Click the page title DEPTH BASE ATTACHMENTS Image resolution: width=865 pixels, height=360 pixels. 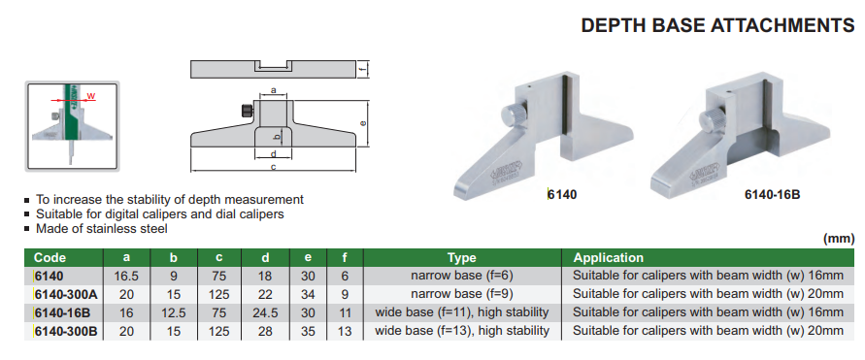717,25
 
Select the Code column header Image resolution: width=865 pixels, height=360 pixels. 50,257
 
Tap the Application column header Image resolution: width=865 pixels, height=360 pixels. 608,257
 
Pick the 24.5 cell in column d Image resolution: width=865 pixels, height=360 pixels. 265,312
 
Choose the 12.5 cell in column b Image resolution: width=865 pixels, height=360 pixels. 173,312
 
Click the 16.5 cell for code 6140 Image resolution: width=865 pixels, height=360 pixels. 127,277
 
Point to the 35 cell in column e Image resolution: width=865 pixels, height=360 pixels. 308,331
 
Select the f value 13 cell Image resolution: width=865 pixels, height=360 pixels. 346,331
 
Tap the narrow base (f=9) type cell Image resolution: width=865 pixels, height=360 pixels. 462,294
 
